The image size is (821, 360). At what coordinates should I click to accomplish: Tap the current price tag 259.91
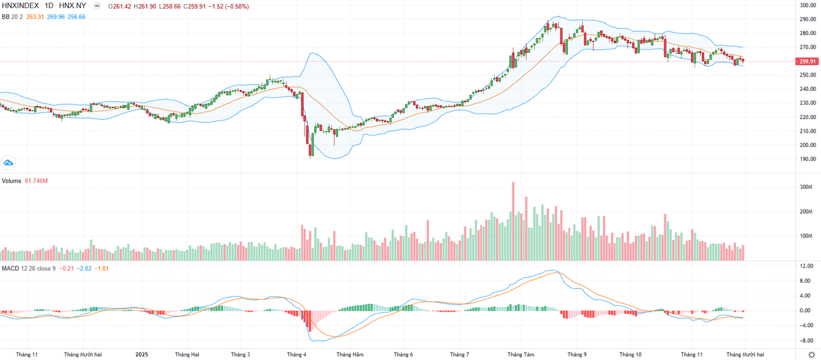[807, 62]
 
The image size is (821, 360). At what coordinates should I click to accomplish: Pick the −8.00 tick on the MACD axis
[806, 339]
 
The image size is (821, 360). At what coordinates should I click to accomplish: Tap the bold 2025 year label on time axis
[142, 355]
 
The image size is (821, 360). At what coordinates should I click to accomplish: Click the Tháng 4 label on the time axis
[296, 355]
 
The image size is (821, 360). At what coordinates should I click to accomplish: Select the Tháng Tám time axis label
[521, 355]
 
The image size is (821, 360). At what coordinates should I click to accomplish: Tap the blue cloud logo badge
[8, 163]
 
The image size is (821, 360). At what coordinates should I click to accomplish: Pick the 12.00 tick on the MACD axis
[806, 266]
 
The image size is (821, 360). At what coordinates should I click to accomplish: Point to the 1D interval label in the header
[49, 6]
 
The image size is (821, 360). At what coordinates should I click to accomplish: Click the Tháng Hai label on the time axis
[187, 355]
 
